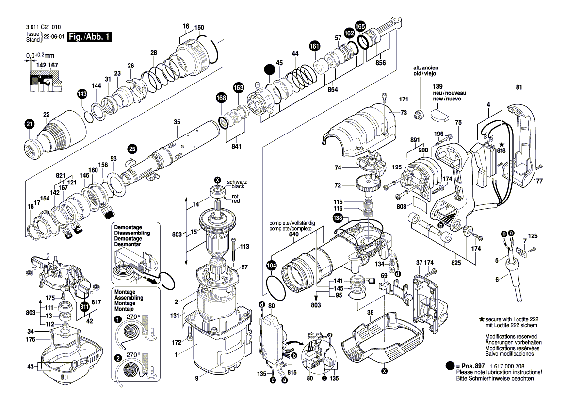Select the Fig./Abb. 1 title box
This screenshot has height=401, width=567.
(91, 37)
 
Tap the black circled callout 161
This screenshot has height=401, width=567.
(315, 46)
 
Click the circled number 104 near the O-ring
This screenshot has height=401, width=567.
(272, 266)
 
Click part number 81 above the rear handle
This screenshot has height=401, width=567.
(519, 87)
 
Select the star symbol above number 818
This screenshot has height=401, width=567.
(502, 144)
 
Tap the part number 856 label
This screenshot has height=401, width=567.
(381, 63)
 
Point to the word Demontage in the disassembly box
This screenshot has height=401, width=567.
(128, 227)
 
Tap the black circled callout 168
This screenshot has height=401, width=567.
(221, 98)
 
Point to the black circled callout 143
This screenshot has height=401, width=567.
(82, 94)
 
